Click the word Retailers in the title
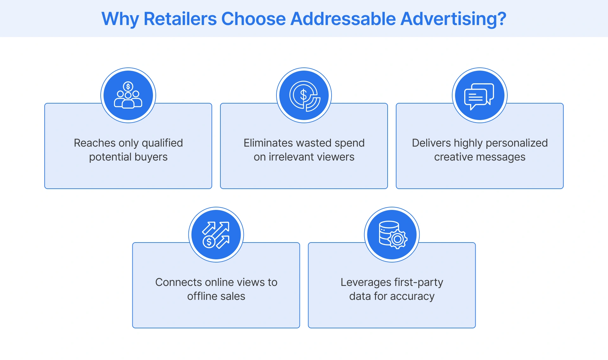pos(180,19)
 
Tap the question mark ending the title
pos(501,19)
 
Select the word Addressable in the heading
pos(343,19)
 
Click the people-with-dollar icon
pos(128,95)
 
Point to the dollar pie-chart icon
pos(304,95)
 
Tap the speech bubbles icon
pos(479,95)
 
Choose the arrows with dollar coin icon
pos(216,235)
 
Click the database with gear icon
pos(392,235)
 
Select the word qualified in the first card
pos(162,143)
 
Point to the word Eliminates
pos(265,143)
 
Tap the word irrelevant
pos(294,157)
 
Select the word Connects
pos(179,282)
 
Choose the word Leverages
pos(366,282)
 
